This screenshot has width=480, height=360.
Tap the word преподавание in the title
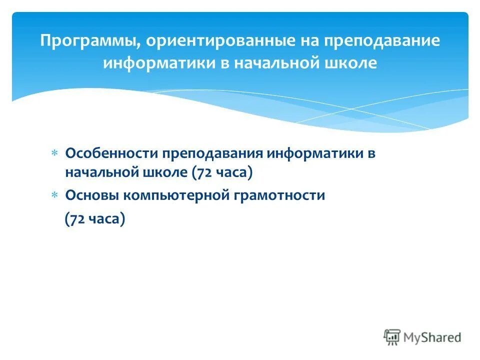[x=382, y=41]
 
